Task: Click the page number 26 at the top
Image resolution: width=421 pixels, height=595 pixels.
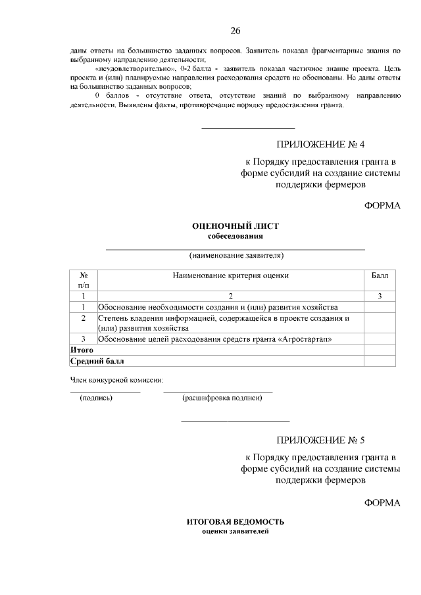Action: pyautogui.click(x=235, y=31)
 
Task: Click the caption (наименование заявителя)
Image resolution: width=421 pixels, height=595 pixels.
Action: pyautogui.click(x=235, y=255)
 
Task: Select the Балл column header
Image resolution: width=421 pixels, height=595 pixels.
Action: pyautogui.click(x=380, y=276)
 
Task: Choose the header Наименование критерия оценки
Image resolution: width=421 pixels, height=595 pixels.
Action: pyautogui.click(x=230, y=276)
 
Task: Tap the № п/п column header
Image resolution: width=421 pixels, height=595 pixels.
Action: pyautogui.click(x=84, y=281)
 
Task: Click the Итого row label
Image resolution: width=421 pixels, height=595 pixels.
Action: pyautogui.click(x=82, y=350)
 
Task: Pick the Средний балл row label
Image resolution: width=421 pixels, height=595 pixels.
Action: pyautogui.click(x=97, y=360)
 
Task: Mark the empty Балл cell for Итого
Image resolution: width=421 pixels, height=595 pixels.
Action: pyautogui.click(x=380, y=350)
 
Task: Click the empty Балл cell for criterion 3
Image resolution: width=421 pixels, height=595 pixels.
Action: pyautogui.click(x=380, y=339)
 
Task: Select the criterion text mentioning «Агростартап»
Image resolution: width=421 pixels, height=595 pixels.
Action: pyautogui.click(x=214, y=339)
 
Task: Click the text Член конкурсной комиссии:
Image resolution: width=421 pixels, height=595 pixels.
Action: pyautogui.click(x=116, y=379)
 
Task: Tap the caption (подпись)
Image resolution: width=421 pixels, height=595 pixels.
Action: pyautogui.click(x=96, y=398)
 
